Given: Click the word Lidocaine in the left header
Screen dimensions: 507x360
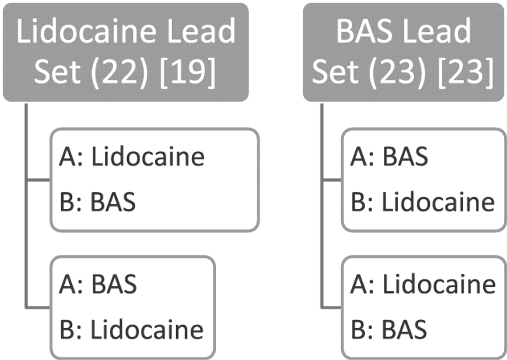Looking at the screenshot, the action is tap(86, 31).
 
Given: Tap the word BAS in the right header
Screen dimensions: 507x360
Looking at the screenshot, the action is tap(364, 31).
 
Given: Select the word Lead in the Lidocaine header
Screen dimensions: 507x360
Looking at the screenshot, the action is tap(201, 31).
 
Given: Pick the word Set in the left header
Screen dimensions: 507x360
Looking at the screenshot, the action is tap(57, 72).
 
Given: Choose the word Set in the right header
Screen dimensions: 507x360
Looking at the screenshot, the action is tap(335, 72).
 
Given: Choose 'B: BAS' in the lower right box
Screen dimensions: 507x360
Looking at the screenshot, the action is tap(389, 329).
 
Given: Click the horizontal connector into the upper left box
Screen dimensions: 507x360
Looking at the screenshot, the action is tap(38, 180).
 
